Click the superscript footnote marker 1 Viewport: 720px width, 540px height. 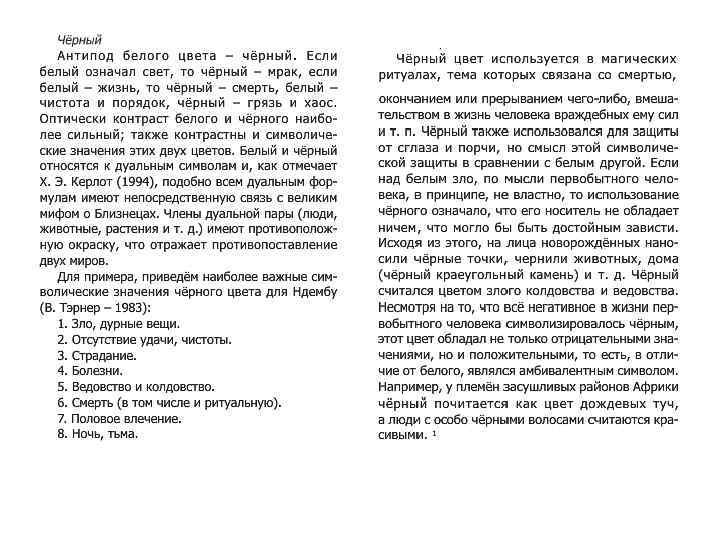[x=434, y=434]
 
